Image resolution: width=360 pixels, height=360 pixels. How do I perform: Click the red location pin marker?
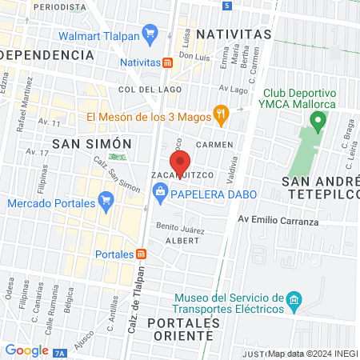tap(181, 159)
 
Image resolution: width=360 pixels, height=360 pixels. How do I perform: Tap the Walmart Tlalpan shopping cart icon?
tap(149, 33)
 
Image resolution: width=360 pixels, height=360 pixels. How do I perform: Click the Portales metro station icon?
tap(142, 254)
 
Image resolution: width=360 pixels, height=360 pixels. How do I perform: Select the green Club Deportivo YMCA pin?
tap(318, 123)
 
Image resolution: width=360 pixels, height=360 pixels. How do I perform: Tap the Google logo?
tap(26, 350)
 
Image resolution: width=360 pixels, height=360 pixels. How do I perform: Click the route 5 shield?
tap(228, 5)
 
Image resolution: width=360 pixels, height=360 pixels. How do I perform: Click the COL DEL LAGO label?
tap(140, 90)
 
